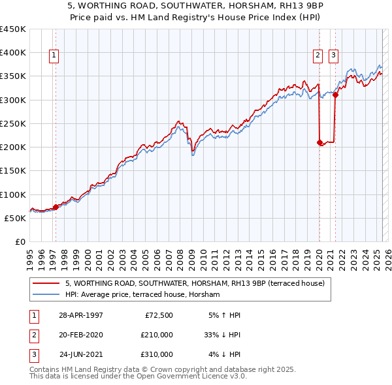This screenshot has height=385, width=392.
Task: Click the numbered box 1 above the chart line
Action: [x=53, y=56]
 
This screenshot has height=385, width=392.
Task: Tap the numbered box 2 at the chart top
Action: [x=318, y=56]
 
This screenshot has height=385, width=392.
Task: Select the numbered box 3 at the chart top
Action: [x=333, y=56]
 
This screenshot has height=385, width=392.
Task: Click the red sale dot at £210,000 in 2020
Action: [x=319, y=142]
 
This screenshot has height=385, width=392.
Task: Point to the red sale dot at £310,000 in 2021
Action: [x=335, y=95]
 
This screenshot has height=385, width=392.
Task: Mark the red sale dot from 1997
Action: [x=56, y=207]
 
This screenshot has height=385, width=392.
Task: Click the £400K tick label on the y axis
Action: [x=13, y=53]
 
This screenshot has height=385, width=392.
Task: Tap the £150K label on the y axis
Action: [x=13, y=171]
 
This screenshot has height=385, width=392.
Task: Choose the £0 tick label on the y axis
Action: [x=20, y=242]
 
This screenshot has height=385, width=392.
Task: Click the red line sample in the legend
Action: [x=46, y=283]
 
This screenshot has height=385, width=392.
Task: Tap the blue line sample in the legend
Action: [x=46, y=294]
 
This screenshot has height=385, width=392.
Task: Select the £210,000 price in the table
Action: [x=157, y=335]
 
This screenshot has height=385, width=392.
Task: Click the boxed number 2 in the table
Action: [x=32, y=335]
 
